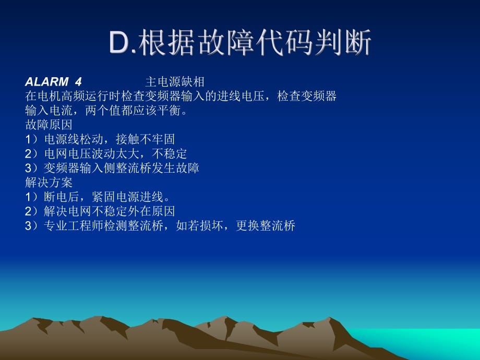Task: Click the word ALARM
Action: click(47, 82)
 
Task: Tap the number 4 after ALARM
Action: click(78, 82)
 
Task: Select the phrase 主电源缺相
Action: click(175, 82)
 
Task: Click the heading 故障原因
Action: click(49, 125)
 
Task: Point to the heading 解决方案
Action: click(49, 183)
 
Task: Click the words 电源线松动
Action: click(74, 139)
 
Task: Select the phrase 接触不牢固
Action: click(145, 139)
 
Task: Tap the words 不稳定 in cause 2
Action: click(169, 154)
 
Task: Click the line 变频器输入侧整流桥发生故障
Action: click(121, 168)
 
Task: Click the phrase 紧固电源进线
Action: click(127, 197)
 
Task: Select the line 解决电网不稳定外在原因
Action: click(109, 211)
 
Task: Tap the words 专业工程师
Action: click(74, 226)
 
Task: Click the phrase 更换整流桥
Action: click(266, 226)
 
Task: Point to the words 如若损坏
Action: click(199, 226)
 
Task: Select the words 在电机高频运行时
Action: click(73, 96)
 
